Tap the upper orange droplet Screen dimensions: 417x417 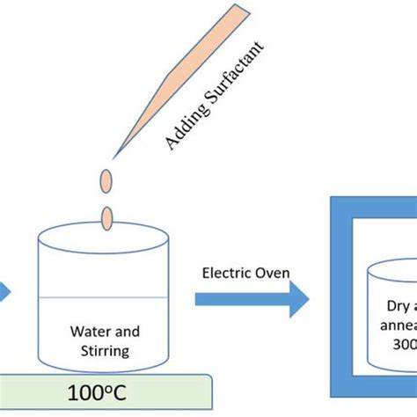[106, 180]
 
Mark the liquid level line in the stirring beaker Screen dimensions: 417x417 [102, 298]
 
